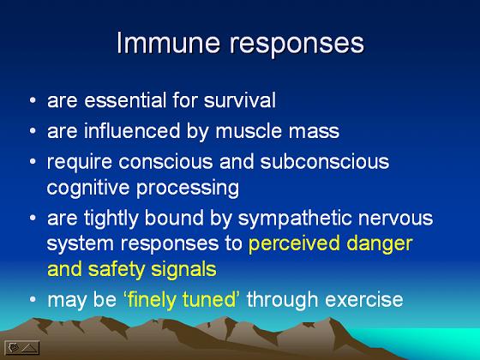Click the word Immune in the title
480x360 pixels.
(x=168, y=43)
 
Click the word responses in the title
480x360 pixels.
(x=297, y=45)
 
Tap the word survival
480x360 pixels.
(x=240, y=100)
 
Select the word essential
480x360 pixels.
(x=125, y=100)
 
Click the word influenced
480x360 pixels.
(x=132, y=131)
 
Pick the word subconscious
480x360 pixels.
(x=325, y=162)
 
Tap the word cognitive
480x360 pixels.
(x=88, y=189)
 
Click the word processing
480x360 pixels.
(x=188, y=189)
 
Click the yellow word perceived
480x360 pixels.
(x=294, y=244)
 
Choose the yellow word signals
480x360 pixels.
(x=183, y=270)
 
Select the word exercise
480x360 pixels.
(x=364, y=299)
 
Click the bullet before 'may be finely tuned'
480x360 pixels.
(x=33, y=299)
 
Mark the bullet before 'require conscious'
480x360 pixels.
(x=33, y=161)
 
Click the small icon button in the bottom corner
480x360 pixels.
(x=22, y=347)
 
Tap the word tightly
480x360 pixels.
(x=111, y=219)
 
